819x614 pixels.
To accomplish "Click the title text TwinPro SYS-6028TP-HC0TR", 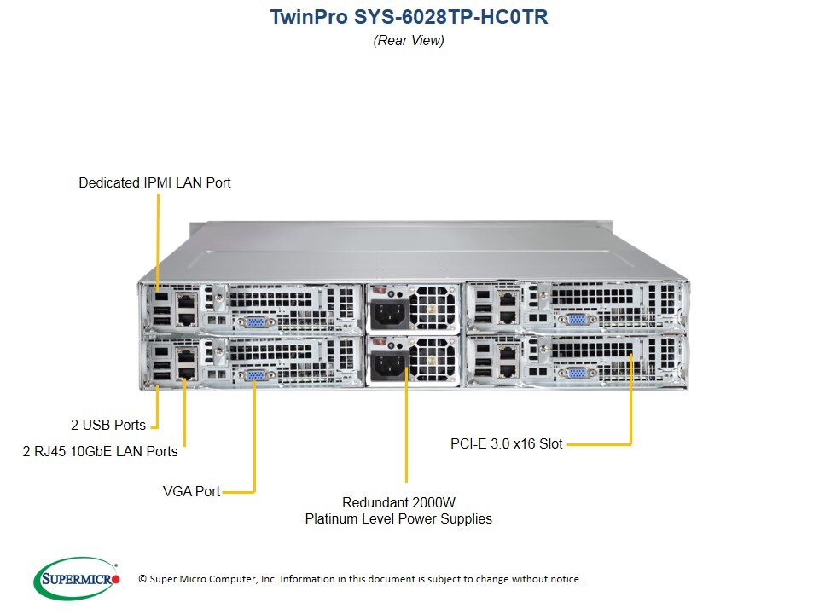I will (x=409, y=17).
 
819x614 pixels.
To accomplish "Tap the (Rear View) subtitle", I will (x=409, y=40).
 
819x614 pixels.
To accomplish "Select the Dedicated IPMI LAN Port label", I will (x=154, y=182).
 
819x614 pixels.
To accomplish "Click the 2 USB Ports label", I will (x=107, y=424).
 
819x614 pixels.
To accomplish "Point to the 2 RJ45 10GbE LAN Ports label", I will (x=100, y=451).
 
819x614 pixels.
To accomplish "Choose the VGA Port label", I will (x=191, y=491).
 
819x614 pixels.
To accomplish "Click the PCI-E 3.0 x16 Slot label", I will (x=507, y=443).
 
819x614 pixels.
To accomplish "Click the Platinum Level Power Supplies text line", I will (x=398, y=518).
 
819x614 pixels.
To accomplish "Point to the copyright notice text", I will (x=360, y=579).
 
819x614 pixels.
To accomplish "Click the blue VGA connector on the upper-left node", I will (x=254, y=322).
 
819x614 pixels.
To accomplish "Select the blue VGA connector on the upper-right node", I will (x=577, y=319).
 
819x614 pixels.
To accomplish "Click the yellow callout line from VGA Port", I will (x=254, y=443).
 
